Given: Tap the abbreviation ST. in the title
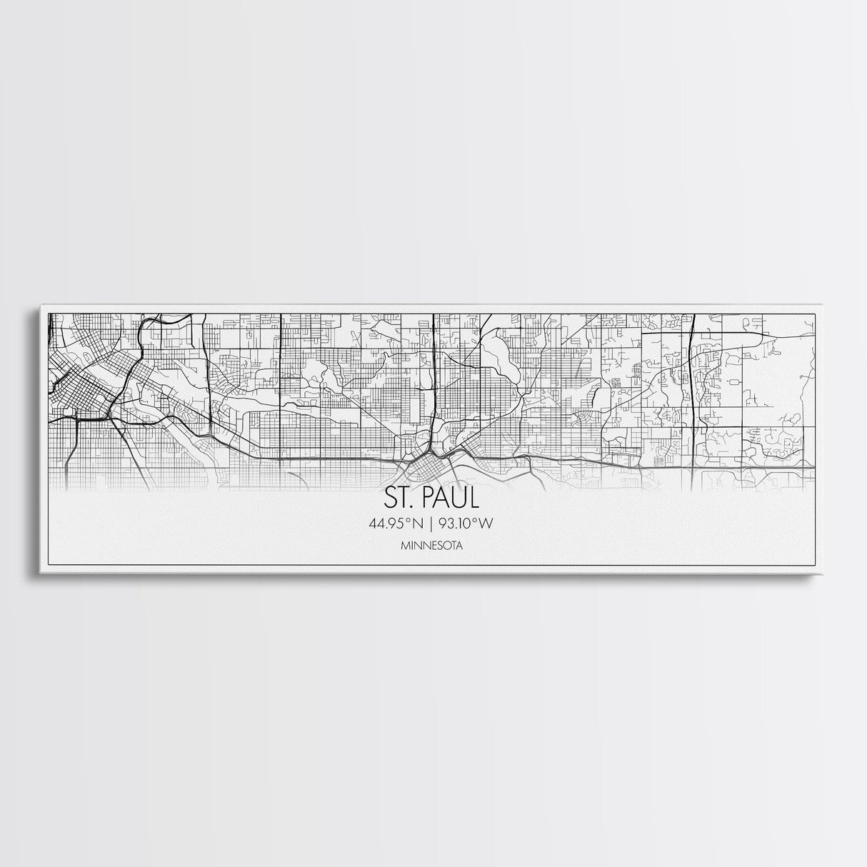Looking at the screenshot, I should (x=398, y=497).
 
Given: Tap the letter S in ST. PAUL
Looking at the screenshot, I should (x=390, y=497).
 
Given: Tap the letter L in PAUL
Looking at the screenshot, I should (x=475, y=497).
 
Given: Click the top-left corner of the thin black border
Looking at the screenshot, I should (x=46, y=313).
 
